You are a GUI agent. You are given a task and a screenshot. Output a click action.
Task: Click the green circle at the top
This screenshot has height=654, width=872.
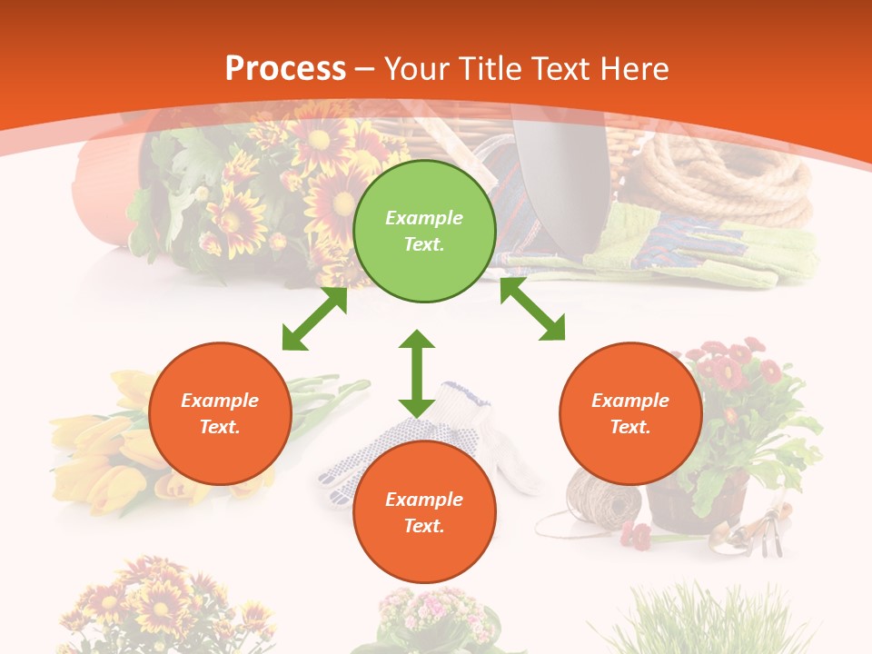point(424,232)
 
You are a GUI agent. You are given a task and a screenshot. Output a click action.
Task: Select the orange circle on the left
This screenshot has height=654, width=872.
point(220,414)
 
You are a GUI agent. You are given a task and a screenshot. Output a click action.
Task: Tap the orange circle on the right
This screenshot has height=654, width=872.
point(630,414)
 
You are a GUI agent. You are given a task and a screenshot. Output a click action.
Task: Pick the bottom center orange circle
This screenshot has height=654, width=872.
point(424,512)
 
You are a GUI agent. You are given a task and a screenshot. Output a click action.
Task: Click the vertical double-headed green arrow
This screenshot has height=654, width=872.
point(417,373)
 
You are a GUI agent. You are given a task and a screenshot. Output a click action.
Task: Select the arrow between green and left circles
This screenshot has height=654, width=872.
point(314,319)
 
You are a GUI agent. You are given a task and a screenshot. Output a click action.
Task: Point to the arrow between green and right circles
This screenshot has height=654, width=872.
point(532,309)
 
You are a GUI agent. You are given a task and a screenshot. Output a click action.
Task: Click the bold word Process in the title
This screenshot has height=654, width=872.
point(285,68)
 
